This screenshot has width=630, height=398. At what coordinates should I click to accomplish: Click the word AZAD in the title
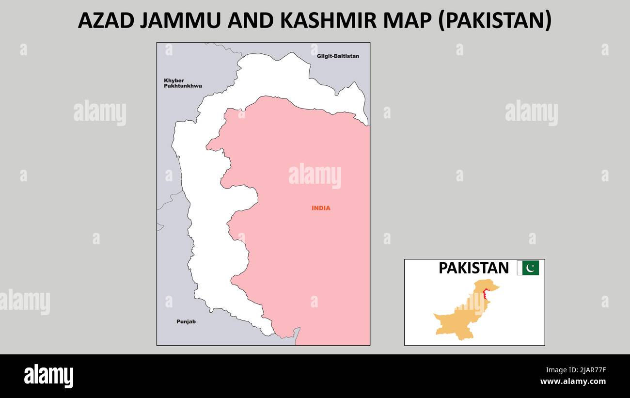[106, 21]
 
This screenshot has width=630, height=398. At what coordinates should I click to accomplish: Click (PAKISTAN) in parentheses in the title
[495, 21]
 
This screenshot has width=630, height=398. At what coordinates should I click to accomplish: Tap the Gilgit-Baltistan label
[338, 56]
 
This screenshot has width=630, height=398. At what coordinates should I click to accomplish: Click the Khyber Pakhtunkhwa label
[182, 83]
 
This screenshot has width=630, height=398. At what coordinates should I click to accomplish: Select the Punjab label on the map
[186, 321]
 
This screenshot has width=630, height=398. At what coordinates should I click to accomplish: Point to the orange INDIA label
[321, 208]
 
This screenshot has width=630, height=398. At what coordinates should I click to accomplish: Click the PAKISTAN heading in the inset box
[473, 268]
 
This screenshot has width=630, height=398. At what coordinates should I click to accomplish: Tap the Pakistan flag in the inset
[528, 268]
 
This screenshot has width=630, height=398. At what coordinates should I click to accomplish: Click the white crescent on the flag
[531, 268]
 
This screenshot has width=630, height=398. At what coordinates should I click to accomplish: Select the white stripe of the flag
[519, 268]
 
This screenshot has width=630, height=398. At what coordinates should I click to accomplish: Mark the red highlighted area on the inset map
[485, 294]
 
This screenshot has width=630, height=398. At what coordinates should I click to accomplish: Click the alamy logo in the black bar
[48, 376]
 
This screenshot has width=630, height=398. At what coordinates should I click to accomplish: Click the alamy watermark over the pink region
[315, 176]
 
